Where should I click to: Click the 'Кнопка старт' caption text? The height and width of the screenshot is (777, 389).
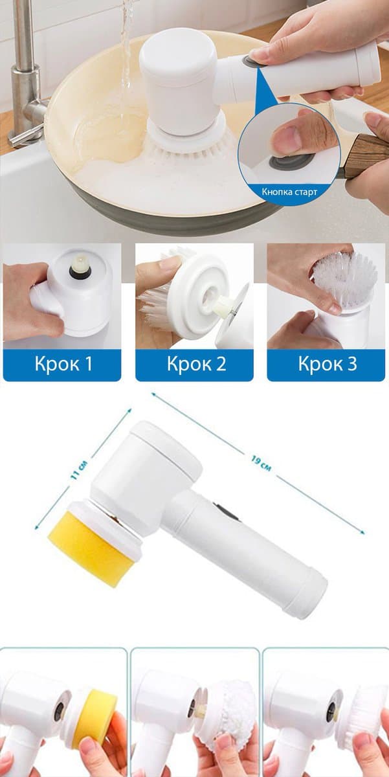point(289,192)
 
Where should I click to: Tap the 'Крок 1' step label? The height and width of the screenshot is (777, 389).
point(63,364)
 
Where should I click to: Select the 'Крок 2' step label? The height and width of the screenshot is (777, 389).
point(196,364)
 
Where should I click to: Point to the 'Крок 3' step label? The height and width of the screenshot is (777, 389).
point(328,364)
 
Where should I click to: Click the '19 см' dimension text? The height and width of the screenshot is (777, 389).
point(261,464)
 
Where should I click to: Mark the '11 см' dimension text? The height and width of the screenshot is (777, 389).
point(80,470)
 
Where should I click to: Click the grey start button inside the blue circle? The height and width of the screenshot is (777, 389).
point(287,163)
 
